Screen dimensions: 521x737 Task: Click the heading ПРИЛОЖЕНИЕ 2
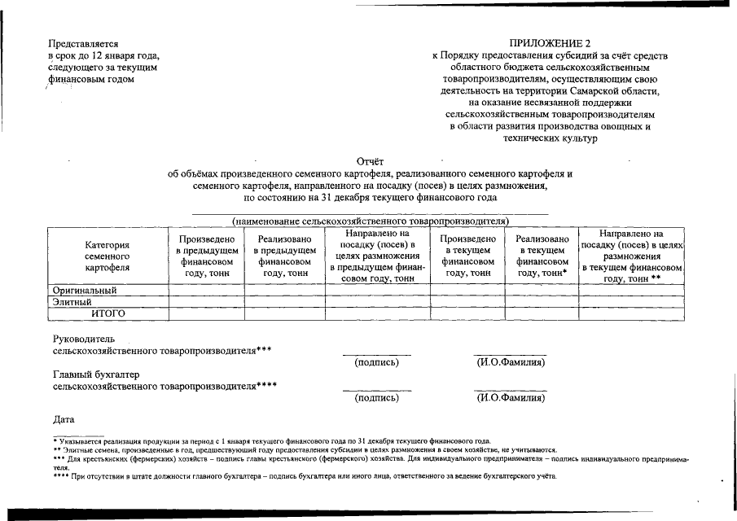click(550, 43)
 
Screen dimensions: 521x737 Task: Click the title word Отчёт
click(370, 161)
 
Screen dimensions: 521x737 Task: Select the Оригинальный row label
click(85, 290)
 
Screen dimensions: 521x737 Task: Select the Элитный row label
click(72, 302)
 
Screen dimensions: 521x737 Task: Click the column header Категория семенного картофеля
click(107, 256)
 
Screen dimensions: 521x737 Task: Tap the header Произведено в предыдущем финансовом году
click(206, 256)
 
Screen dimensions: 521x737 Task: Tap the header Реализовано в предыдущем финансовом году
click(284, 256)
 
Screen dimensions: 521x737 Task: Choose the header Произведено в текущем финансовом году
click(467, 256)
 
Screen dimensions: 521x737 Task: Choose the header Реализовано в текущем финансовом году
click(542, 256)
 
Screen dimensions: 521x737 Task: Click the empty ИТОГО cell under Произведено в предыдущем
click(206, 313)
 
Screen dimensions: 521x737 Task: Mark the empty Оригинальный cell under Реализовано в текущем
click(542, 290)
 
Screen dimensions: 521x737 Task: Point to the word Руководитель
click(83, 338)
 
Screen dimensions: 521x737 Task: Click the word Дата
click(64, 419)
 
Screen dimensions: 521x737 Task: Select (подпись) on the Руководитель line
click(376, 362)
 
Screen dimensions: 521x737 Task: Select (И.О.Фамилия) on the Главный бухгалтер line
click(511, 399)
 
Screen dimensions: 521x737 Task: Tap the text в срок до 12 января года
click(103, 55)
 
